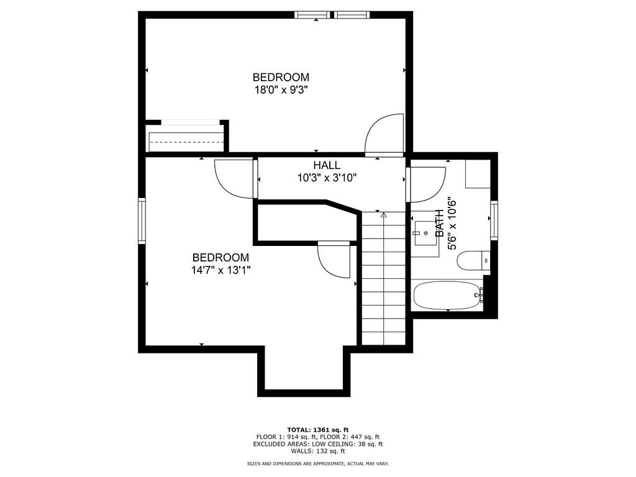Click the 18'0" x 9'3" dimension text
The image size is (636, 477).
280,89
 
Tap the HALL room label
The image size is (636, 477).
326,165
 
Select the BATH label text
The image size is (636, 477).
440,222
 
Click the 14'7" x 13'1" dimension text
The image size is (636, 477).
220,270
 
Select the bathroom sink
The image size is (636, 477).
426,233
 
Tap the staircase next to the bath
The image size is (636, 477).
383,279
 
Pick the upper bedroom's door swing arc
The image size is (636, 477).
386,133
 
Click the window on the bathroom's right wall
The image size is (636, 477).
494,220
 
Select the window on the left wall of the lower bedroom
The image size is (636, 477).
142,221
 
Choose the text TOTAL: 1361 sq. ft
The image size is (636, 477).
317,430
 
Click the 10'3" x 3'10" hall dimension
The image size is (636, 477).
326,178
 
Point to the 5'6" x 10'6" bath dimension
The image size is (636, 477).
453,224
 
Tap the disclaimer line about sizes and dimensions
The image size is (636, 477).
317,463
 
